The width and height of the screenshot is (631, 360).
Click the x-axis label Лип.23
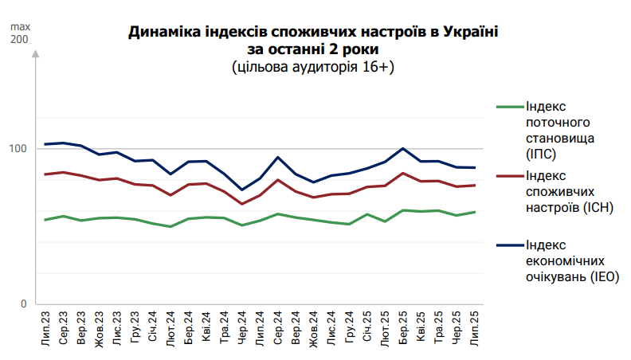coord(45,328)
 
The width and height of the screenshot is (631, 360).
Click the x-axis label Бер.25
coord(403,328)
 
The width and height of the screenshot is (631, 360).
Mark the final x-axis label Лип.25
coord(475,328)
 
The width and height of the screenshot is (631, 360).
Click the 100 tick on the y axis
coord(19,149)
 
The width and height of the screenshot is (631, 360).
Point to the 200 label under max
coord(19,40)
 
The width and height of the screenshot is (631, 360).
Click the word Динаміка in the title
coord(163,33)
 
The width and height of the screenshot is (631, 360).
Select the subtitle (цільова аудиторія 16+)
coord(313,67)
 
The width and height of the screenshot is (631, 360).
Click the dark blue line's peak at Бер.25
coord(403,148)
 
